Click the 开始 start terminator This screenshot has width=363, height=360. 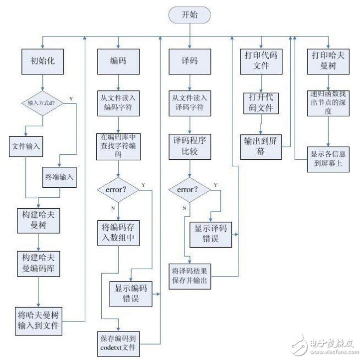[190, 15]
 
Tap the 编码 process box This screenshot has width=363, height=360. [118, 62]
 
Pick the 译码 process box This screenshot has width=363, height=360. [189, 62]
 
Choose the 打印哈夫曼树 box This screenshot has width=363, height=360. [329, 62]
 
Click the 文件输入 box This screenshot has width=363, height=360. [26, 147]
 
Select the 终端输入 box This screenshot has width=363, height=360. [59, 176]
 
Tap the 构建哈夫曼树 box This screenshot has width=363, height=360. [38, 220]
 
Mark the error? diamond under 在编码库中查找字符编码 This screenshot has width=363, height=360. [118, 190]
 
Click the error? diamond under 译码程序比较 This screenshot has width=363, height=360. [188, 190]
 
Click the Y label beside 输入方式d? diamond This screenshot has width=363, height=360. [70, 98]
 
